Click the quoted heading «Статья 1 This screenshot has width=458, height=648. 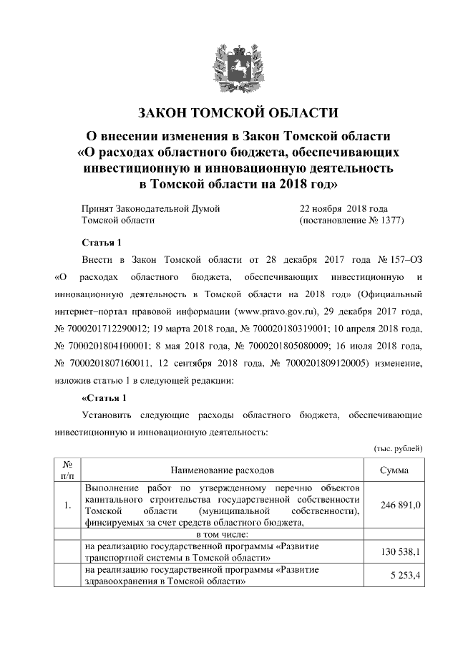[104, 397]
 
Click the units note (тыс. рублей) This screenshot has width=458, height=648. [398, 448]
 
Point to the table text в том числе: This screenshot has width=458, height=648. [222, 534]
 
